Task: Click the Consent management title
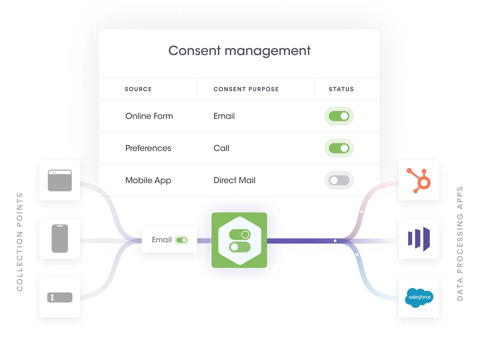[x=239, y=51]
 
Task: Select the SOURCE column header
[x=138, y=89]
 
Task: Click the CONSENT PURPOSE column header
[x=246, y=89]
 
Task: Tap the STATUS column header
[x=341, y=89]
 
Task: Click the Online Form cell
[x=149, y=116]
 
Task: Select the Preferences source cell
[x=148, y=148]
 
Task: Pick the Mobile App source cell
[x=148, y=180]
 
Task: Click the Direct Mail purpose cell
[x=234, y=180]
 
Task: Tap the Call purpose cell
[x=221, y=148]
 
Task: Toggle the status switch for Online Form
[x=339, y=116]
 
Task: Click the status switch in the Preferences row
[x=339, y=148]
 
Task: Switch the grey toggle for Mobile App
[x=339, y=180]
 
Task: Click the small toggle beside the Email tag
[x=181, y=240]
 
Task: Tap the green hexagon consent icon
[x=239, y=240]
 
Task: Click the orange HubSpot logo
[x=419, y=180]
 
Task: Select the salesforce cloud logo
[x=419, y=297]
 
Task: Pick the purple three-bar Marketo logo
[x=419, y=239]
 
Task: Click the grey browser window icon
[x=60, y=180]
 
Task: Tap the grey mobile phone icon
[x=60, y=238]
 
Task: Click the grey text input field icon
[x=60, y=297]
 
